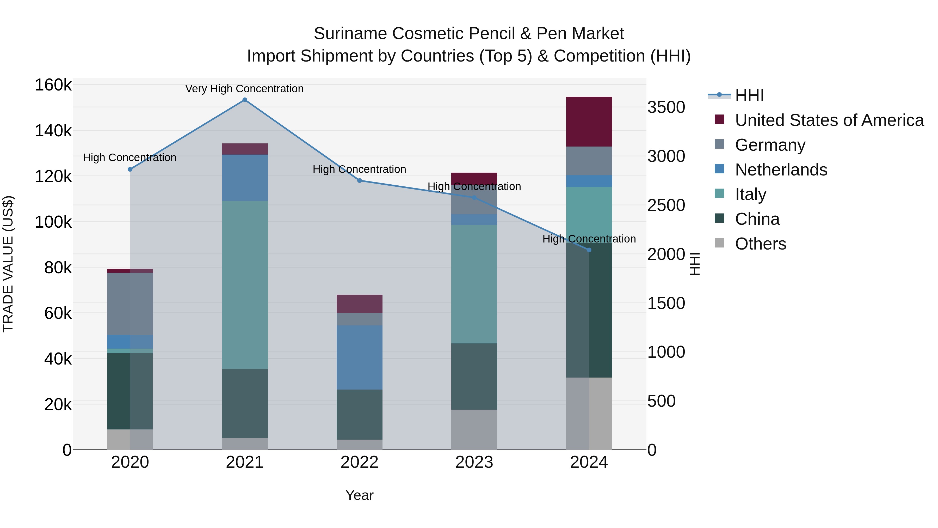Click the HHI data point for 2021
click(245, 100)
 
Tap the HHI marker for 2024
click(589, 250)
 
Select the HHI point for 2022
click(359, 180)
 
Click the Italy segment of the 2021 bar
click(245, 284)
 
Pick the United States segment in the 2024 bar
click(589, 122)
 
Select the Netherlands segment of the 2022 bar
click(359, 357)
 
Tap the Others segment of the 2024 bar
click(589, 413)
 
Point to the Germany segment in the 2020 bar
click(130, 304)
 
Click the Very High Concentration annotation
click(244, 89)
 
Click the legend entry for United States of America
click(829, 120)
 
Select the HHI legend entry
click(749, 95)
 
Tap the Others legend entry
click(760, 244)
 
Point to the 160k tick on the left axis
click(53, 85)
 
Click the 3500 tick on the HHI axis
click(666, 107)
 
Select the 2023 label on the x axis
click(474, 462)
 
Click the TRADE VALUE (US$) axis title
click(8, 264)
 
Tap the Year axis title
click(359, 495)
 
